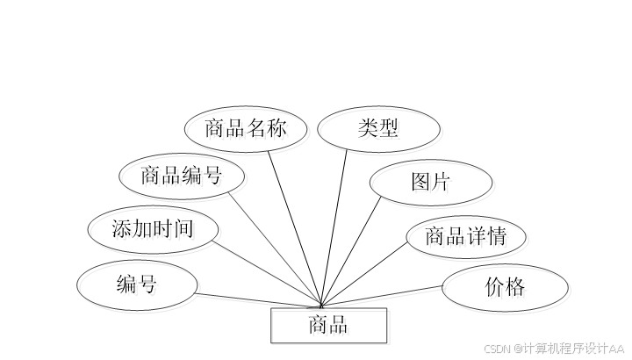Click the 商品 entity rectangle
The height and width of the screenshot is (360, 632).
[328, 326]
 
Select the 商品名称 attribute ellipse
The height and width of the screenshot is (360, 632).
[247, 129]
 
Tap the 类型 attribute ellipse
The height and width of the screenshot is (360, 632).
[378, 129]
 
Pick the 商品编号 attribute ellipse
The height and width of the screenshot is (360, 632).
[182, 175]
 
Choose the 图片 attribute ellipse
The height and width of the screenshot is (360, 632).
[430, 182]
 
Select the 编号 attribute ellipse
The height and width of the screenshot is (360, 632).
[136, 284]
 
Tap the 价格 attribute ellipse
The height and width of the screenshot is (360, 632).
[504, 286]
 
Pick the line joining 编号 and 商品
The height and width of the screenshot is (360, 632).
[259, 299]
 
